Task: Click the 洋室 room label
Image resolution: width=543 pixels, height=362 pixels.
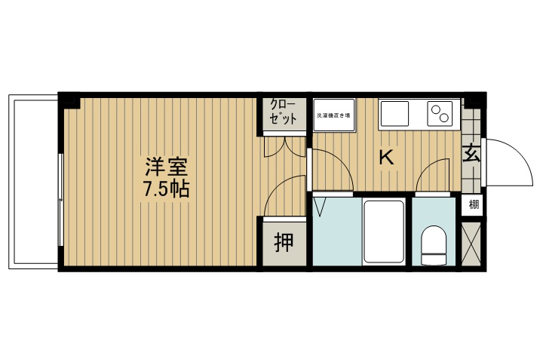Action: click(166, 166)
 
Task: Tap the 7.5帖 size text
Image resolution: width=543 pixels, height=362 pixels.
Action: click(166, 189)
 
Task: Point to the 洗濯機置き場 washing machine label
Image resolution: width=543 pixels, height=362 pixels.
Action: click(332, 116)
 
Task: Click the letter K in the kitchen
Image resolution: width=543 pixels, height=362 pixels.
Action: click(386, 158)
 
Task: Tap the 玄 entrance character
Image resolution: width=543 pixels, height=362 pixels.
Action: click(472, 153)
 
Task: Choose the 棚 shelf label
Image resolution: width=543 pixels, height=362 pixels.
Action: click(473, 204)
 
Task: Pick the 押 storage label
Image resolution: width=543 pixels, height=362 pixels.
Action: click(284, 243)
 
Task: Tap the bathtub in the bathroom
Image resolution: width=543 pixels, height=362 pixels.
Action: click(385, 232)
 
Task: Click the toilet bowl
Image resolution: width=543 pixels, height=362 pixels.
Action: click(434, 245)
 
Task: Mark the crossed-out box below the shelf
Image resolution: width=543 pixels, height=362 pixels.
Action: click(472, 243)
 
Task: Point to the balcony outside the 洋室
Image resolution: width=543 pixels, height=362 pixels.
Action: click(32, 181)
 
